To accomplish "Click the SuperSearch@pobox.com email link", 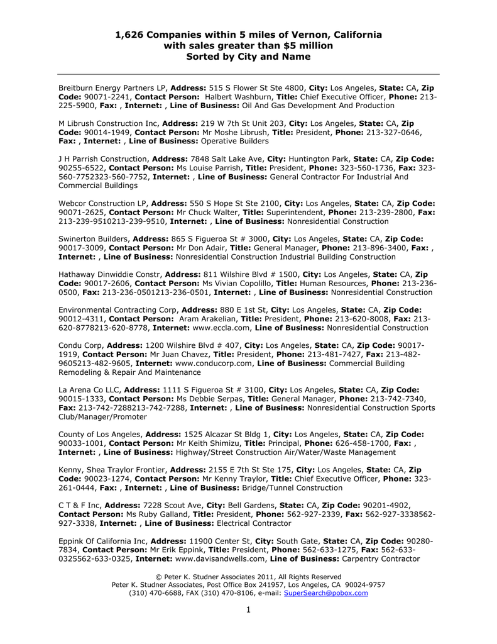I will tap(326, 593).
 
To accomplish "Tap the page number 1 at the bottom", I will tap(248, 609).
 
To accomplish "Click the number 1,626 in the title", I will tap(129, 35).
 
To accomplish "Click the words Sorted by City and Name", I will tap(249, 57).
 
